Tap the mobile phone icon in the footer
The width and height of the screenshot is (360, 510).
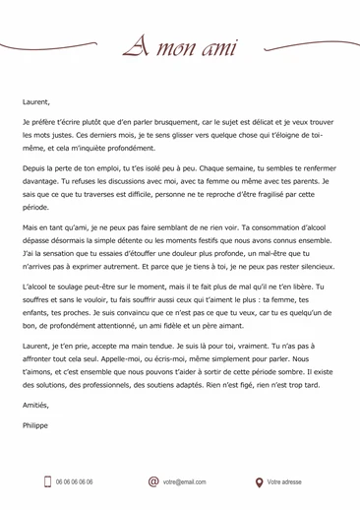[x=45, y=481]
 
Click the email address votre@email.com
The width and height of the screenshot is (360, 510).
[x=185, y=482]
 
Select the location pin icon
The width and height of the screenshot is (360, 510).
[x=260, y=482]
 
